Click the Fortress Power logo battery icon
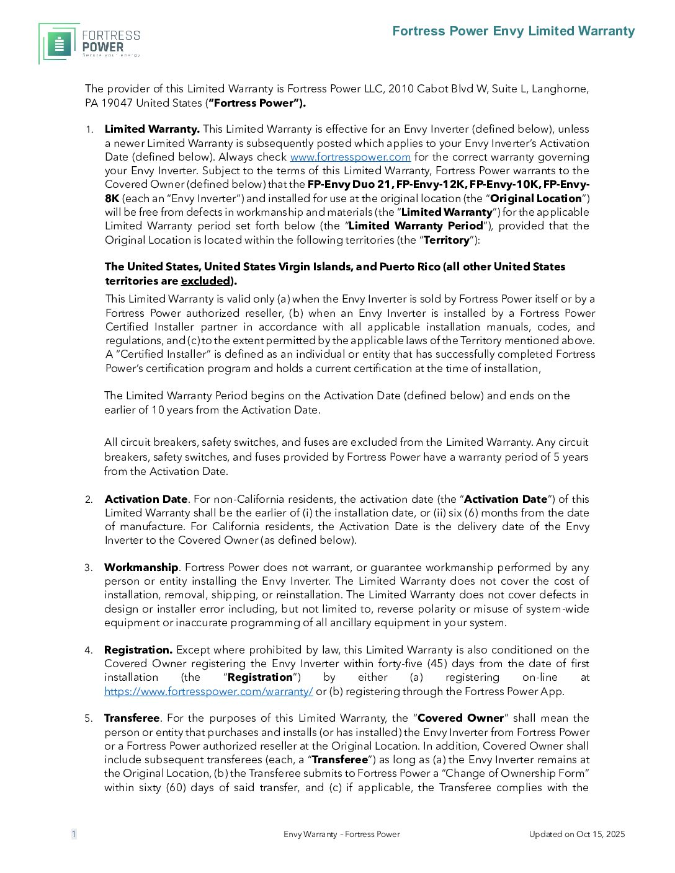click(60, 45)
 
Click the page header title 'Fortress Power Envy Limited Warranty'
click(514, 31)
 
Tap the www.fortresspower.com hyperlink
click(350, 157)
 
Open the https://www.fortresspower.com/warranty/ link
click(208, 691)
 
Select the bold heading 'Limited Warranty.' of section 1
click(152, 129)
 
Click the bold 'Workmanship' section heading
click(141, 567)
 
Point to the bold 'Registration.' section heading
click(138, 650)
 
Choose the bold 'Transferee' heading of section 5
click(132, 718)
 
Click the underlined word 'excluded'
click(205, 281)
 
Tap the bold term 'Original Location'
click(536, 198)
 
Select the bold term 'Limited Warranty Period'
click(416, 226)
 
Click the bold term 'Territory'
click(446, 240)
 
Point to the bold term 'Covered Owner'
click(460, 718)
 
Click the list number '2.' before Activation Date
click(89, 500)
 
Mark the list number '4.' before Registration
click(89, 650)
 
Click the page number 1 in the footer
click(74, 834)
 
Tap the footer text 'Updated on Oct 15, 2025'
click(577, 834)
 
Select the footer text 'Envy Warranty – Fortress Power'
click(342, 834)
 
